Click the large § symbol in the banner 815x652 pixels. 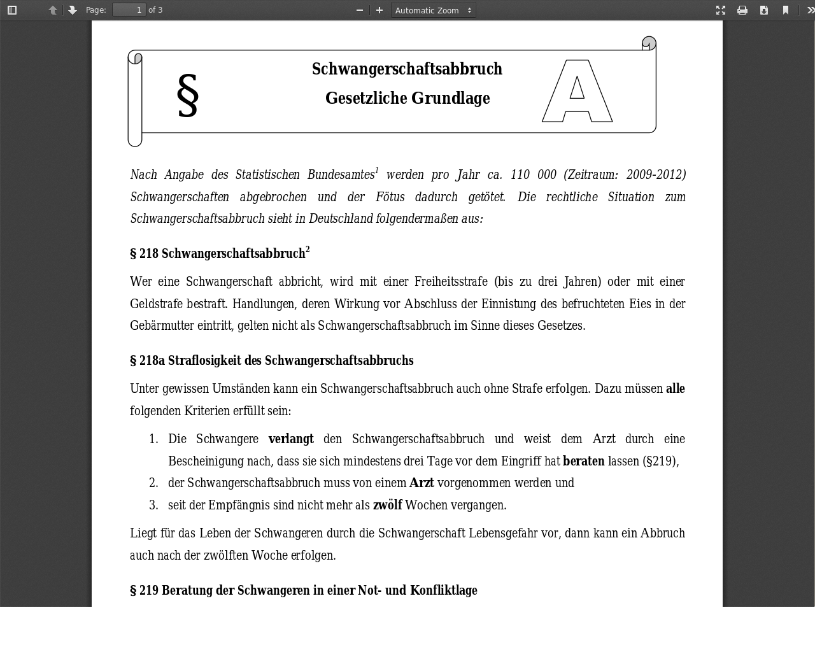pos(188,96)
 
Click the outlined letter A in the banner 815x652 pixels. pos(577,91)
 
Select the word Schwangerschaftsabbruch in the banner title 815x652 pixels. pos(407,69)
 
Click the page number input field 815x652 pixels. pos(129,10)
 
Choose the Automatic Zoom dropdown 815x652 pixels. pos(433,10)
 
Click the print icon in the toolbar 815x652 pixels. pos(742,10)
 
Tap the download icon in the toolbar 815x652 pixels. pos(764,10)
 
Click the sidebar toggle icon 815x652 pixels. pos(12,10)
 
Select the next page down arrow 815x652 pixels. pos(73,10)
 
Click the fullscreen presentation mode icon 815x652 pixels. pos(721,10)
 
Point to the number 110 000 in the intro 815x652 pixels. pos(534,175)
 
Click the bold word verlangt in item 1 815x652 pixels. pos(291,439)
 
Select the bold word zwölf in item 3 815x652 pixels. pos(387,506)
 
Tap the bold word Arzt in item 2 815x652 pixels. pos(422,483)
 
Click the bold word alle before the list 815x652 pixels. pos(675,389)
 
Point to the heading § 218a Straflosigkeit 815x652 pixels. pos(272,361)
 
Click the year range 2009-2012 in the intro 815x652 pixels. pos(655,175)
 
